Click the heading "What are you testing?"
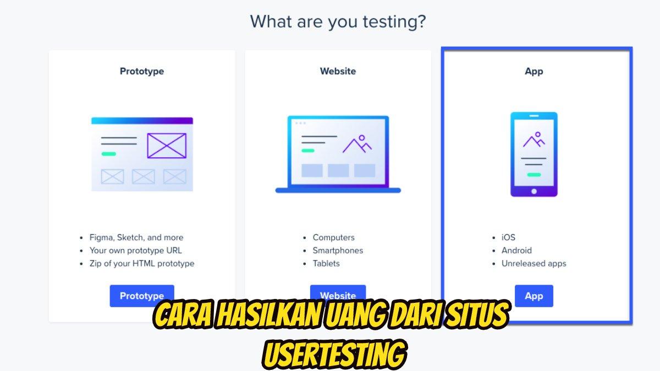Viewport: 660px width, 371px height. pos(338,22)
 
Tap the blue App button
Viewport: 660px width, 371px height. pos(533,296)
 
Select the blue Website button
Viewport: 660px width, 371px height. pos(338,293)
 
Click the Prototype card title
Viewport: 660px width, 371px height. pos(142,71)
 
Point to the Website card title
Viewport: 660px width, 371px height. pos(338,71)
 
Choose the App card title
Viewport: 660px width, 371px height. pos(533,71)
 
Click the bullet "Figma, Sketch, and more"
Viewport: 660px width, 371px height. pos(136,237)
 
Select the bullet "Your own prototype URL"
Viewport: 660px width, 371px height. pos(135,250)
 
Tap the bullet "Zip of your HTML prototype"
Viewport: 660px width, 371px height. pos(142,263)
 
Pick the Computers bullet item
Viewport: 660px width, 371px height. pos(333,237)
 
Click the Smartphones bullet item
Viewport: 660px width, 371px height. pos(338,250)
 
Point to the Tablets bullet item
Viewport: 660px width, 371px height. pos(326,263)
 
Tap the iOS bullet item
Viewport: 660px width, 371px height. pos(508,237)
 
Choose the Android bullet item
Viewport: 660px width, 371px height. pos(516,250)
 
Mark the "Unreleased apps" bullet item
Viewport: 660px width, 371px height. pos(533,263)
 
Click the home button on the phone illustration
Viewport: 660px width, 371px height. pos(533,191)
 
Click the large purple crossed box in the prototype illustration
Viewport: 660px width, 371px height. pos(167,146)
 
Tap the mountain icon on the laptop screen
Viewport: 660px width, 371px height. pos(357,144)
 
